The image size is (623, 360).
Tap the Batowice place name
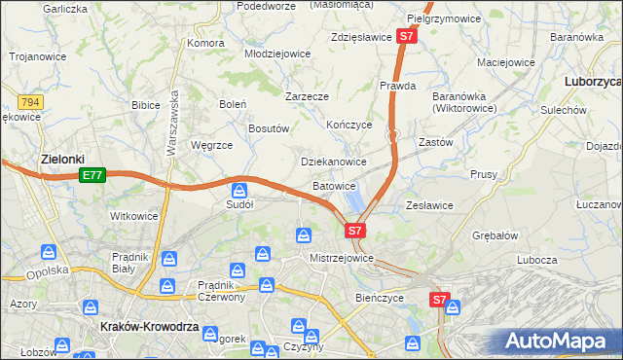[x=334, y=185]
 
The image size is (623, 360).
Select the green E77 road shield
[x=92, y=175]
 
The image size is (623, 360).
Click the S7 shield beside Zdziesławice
[x=407, y=37]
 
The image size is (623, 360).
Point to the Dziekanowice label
[x=333, y=162]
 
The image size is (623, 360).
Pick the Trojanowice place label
[x=38, y=56]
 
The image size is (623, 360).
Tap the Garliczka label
[x=65, y=8]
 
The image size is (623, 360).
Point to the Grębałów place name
[x=495, y=235]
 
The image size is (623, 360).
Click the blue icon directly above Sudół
[x=239, y=190]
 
